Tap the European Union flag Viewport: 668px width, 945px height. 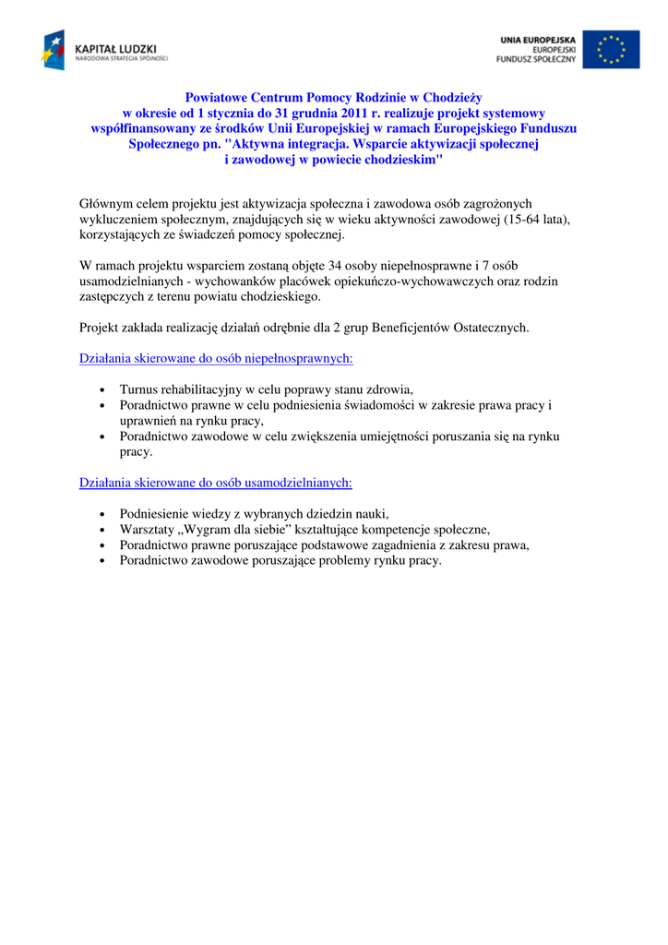[x=610, y=49]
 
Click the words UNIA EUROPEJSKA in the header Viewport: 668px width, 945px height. [x=538, y=41]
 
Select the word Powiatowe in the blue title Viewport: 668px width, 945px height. [x=218, y=97]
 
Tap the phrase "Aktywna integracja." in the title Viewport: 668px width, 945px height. [x=285, y=144]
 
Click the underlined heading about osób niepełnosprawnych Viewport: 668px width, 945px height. [x=216, y=358]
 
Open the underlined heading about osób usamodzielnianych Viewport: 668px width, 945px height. [x=216, y=483]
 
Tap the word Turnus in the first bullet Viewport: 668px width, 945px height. [x=139, y=389]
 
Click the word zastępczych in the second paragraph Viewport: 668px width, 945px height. [x=110, y=297]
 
